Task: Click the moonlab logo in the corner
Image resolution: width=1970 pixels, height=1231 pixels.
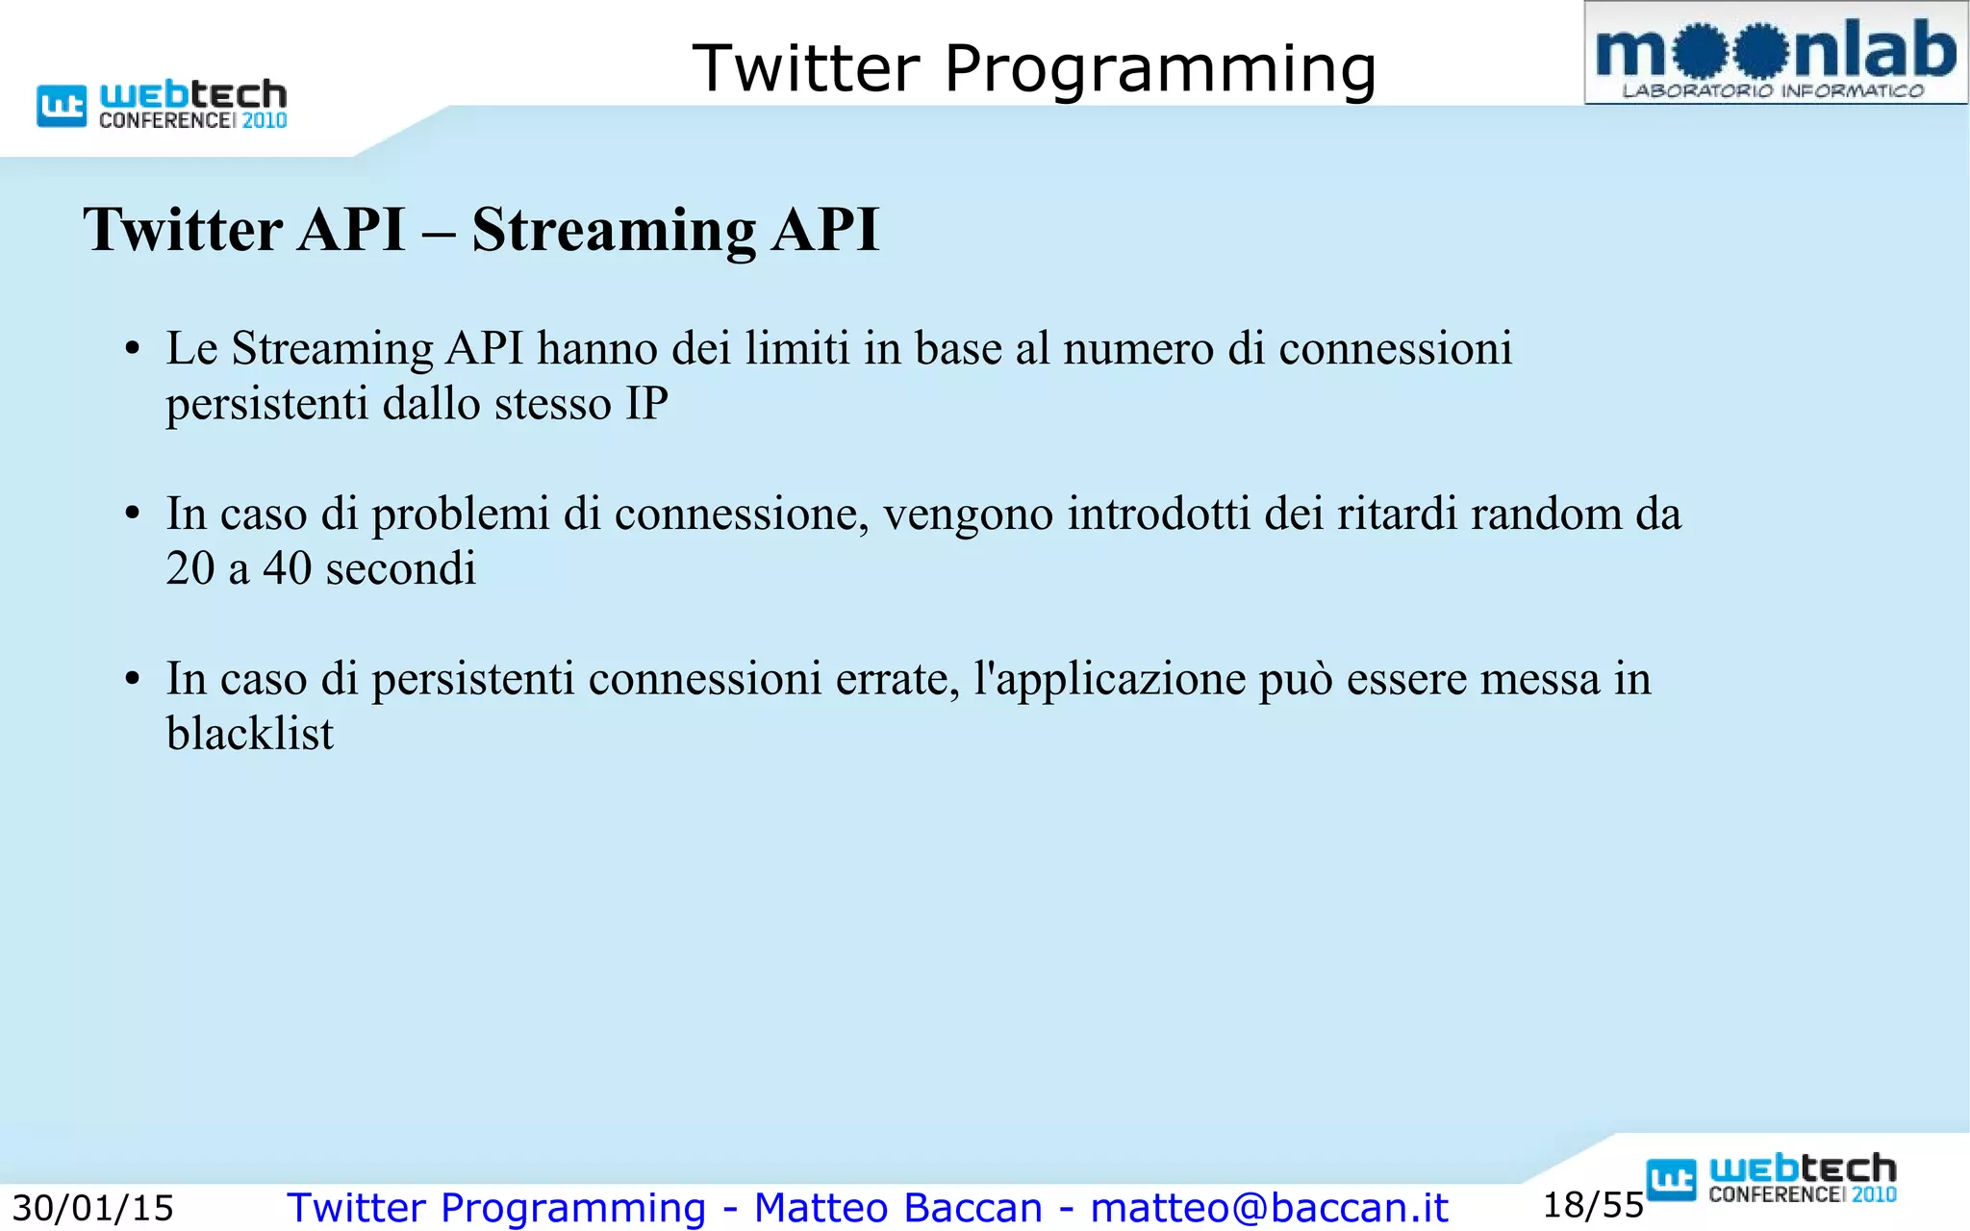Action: [x=1776, y=54]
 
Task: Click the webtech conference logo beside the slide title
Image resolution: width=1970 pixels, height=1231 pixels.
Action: [x=162, y=104]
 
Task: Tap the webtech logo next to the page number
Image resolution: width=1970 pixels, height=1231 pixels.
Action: [x=1772, y=1178]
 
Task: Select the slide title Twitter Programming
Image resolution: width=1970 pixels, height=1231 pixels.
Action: [x=1034, y=69]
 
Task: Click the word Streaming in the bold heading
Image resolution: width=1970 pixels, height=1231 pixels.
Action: [x=614, y=231]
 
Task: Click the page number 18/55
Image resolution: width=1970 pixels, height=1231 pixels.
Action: [x=1593, y=1205]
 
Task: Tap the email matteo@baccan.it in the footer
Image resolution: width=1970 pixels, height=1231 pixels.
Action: [x=1269, y=1208]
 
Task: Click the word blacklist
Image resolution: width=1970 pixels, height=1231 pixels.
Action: [x=249, y=734]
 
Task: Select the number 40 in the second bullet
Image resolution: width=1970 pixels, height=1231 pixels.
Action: [x=287, y=568]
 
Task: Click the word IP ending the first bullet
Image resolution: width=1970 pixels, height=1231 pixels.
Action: [x=646, y=403]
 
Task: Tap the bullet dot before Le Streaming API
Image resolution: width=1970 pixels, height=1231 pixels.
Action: [x=133, y=350]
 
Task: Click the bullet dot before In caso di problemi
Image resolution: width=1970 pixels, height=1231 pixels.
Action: [x=133, y=515]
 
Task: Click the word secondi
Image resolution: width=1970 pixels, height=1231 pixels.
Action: [x=400, y=568]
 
